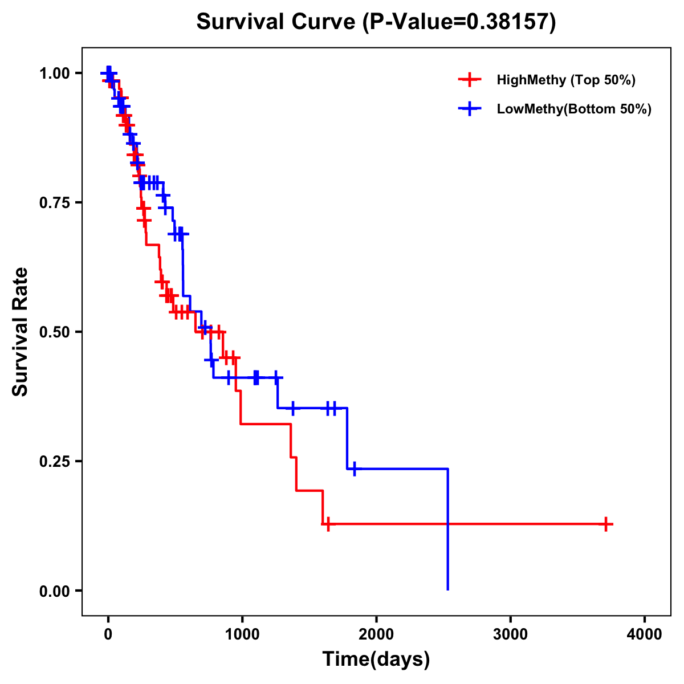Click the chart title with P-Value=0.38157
[x=376, y=22]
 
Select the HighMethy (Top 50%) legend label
[x=566, y=80]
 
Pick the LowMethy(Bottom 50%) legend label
[x=574, y=109]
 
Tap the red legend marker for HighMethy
[x=469, y=80]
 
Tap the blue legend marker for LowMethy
[x=469, y=109]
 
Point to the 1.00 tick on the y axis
[x=54, y=74]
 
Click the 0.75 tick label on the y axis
[x=54, y=203]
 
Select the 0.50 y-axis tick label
[x=54, y=332]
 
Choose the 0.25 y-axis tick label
[x=54, y=461]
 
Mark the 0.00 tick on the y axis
[x=54, y=591]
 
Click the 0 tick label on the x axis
[x=108, y=634]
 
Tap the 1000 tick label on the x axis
[x=242, y=634]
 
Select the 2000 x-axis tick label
[x=376, y=634]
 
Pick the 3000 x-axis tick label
[x=510, y=634]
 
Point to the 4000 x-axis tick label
[x=645, y=634]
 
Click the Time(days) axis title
[x=376, y=659]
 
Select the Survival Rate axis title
[x=21, y=332]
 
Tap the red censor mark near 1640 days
[x=328, y=524]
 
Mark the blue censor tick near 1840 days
[x=354, y=469]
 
